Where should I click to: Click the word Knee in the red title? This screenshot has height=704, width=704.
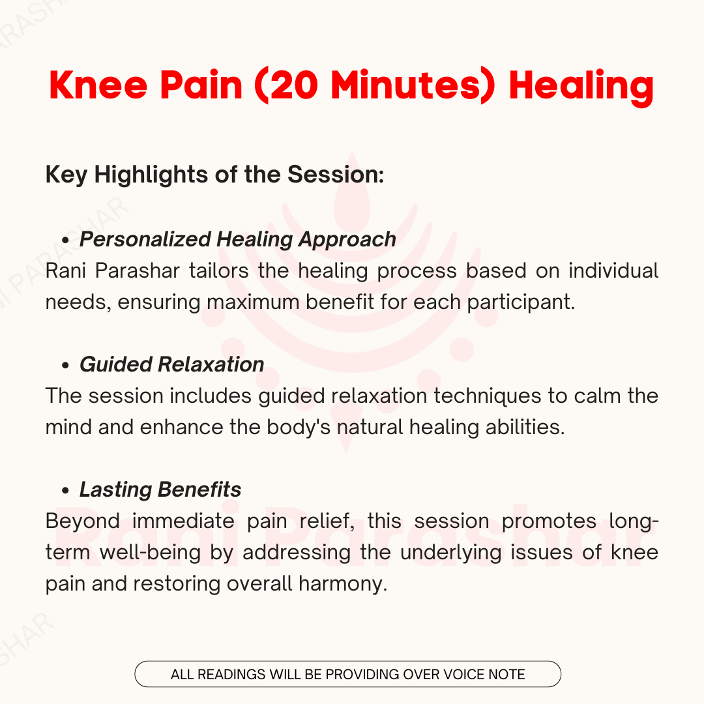pyautogui.click(x=98, y=85)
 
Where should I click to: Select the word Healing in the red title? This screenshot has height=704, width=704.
pyautogui.click(x=581, y=87)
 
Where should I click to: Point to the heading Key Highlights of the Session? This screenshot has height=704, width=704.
pyautogui.click(x=215, y=174)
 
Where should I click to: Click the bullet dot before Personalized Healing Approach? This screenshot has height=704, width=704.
pyautogui.click(x=66, y=241)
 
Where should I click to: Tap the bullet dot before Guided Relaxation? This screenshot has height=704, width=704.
pyautogui.click(x=66, y=366)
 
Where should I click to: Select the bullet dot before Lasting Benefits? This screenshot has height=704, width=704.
pyautogui.click(x=66, y=491)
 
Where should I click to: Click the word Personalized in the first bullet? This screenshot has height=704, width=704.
pyautogui.click(x=145, y=239)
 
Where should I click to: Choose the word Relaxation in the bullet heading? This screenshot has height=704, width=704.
pyautogui.click(x=211, y=364)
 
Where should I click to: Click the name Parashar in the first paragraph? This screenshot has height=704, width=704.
pyautogui.click(x=138, y=271)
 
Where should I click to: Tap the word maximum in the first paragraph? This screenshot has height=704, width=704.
pyautogui.click(x=253, y=302)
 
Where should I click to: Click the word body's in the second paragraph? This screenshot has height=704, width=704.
pyautogui.click(x=299, y=427)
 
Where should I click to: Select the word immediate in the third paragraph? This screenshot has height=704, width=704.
pyautogui.click(x=183, y=521)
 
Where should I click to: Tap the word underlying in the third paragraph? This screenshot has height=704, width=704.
pyautogui.click(x=451, y=553)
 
